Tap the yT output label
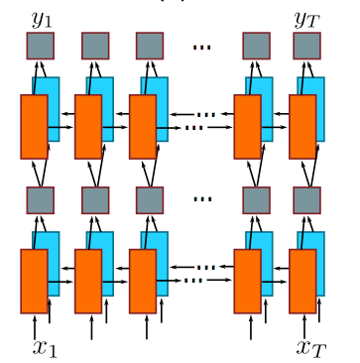point(306,17)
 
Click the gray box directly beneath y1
point(41,45)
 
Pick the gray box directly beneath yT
point(306,45)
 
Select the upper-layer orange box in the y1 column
point(34,126)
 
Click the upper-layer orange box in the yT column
point(302,126)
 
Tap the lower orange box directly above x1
point(34,281)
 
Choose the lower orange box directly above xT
point(302,281)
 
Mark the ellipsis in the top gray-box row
point(202,46)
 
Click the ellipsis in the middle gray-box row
point(202,199)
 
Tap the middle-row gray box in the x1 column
point(41,199)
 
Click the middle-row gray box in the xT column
point(306,199)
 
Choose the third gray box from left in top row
point(150,45)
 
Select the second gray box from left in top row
point(95,45)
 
